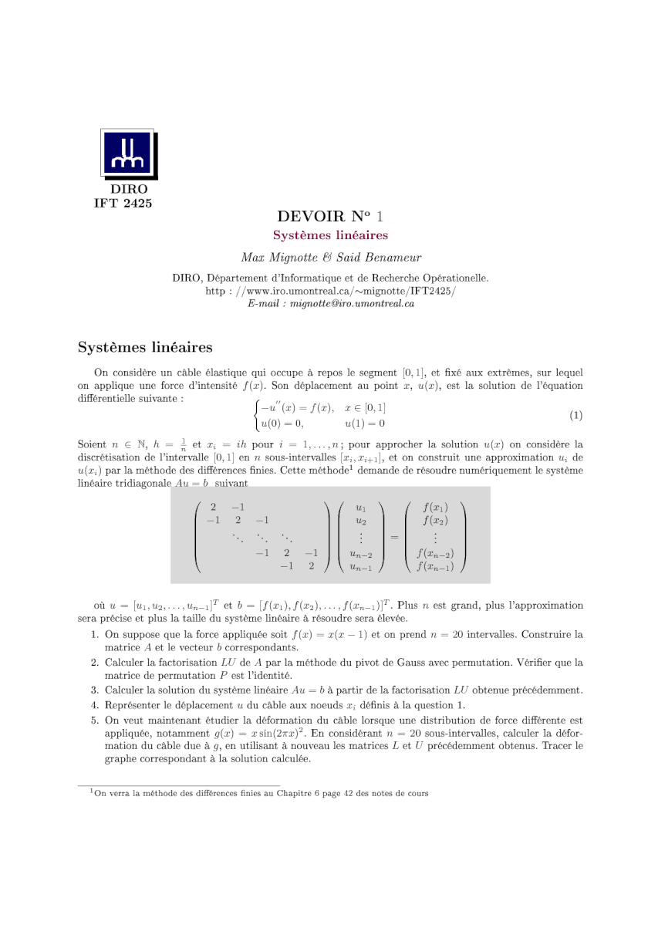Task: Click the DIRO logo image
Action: pyautogui.click(x=129, y=154)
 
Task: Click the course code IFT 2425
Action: pyautogui.click(x=123, y=204)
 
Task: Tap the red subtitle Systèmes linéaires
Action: pyautogui.click(x=330, y=235)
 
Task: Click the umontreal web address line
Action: pyautogui.click(x=330, y=291)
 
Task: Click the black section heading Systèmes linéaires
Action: pyautogui.click(x=145, y=347)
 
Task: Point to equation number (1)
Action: pyautogui.click(x=575, y=416)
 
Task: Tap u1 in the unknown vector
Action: pyautogui.click(x=360, y=508)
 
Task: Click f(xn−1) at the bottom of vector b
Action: pyautogui.click(x=435, y=566)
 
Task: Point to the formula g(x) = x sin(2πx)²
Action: pyautogui.click(x=260, y=734)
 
